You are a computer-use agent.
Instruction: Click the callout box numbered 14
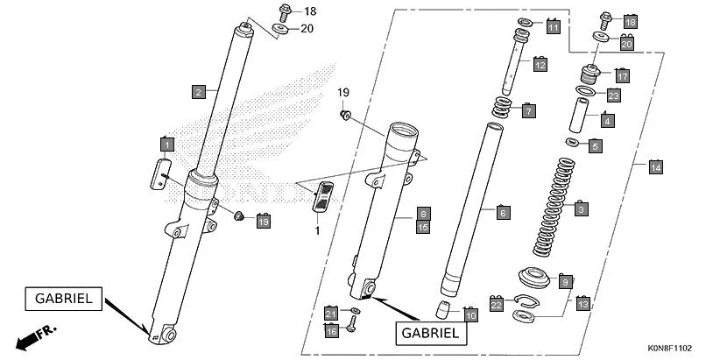click(x=655, y=166)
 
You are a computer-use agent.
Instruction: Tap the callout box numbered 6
click(x=502, y=212)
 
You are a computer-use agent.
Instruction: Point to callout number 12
click(x=540, y=65)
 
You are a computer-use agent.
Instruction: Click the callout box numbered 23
click(x=613, y=95)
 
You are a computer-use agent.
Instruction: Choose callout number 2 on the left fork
click(x=199, y=91)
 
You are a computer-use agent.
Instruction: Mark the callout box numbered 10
click(x=470, y=314)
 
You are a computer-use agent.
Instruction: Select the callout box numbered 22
click(x=496, y=305)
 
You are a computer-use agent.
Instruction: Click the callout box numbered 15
click(x=422, y=227)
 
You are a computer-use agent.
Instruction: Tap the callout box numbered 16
click(x=331, y=331)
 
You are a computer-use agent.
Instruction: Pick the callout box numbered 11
click(x=553, y=28)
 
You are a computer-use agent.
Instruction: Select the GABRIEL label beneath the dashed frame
click(x=430, y=333)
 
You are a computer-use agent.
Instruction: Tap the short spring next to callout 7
click(x=503, y=109)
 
